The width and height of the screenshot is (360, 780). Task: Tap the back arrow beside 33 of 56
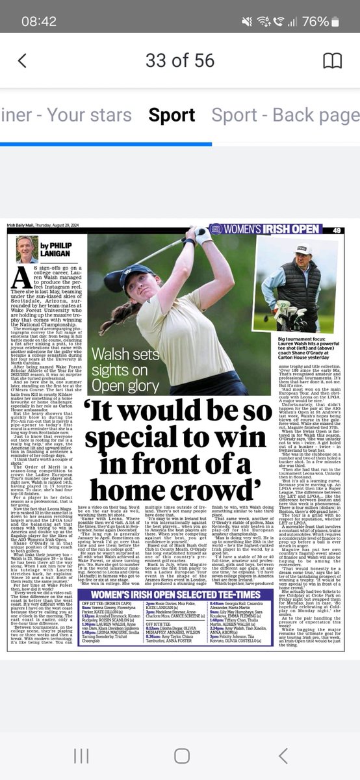(x=23, y=60)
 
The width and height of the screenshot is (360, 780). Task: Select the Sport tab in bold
(x=172, y=115)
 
